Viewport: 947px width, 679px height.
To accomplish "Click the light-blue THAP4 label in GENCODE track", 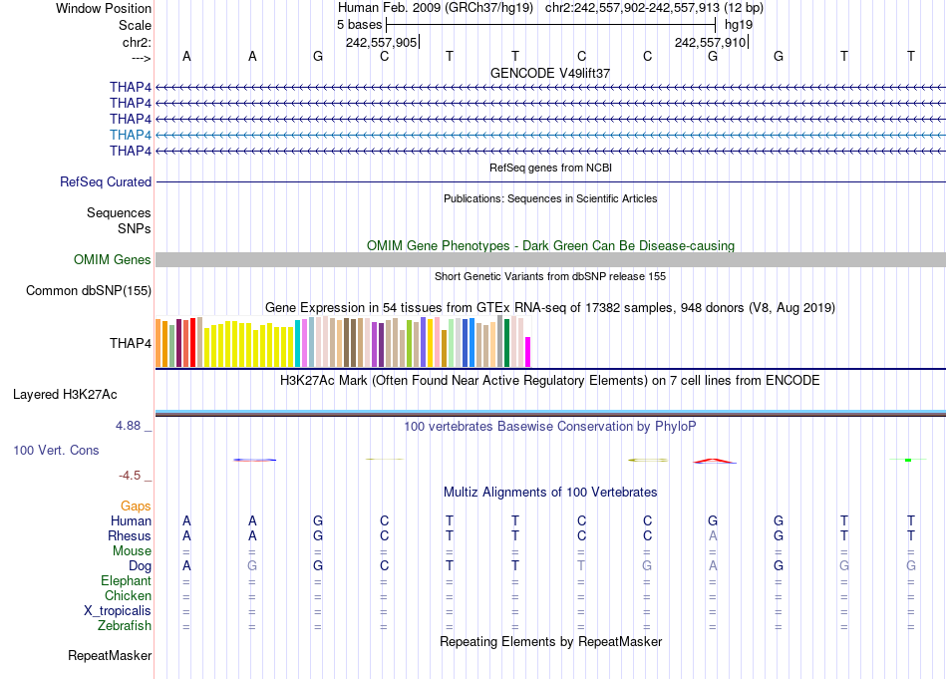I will [x=131, y=135].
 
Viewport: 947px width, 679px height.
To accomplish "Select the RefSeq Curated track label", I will [x=106, y=182].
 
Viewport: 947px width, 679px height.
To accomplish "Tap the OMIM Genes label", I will [x=113, y=260].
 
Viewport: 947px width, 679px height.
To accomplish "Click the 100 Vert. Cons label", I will [x=56, y=451].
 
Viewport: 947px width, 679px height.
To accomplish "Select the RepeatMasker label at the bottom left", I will [x=110, y=656].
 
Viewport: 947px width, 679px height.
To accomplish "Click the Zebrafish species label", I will [x=125, y=626].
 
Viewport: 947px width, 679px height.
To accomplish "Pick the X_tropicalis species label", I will [x=118, y=611].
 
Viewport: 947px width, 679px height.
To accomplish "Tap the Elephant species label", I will [x=126, y=581].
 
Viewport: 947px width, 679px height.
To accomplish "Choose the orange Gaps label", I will [x=136, y=507].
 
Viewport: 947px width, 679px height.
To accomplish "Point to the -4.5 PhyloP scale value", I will [x=133, y=476].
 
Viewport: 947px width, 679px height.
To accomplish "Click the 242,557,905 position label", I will [x=382, y=42].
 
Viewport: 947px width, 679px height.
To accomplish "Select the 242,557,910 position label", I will [x=711, y=42].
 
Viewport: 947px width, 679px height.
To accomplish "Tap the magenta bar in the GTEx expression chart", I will [x=528, y=352].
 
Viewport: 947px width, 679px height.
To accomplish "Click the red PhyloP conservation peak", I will [x=714, y=460].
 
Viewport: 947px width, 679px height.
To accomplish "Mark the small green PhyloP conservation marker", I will [x=907, y=460].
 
